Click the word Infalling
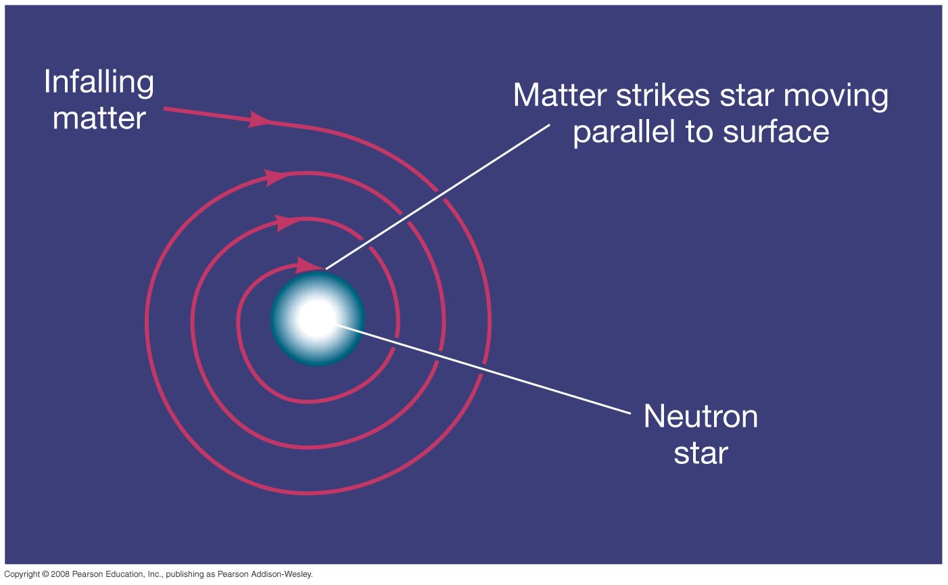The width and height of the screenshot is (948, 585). [x=99, y=83]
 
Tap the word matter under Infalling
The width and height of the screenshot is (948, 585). [x=99, y=118]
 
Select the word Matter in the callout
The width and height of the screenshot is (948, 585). [x=560, y=95]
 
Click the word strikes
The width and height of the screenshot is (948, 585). [x=663, y=95]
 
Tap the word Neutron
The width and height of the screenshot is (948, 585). [x=701, y=417]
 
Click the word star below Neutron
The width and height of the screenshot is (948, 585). [x=701, y=453]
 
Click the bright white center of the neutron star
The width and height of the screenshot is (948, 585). [x=316, y=319]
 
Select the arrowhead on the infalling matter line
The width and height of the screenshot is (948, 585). [x=258, y=119]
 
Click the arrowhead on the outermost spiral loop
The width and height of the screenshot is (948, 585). [x=275, y=177]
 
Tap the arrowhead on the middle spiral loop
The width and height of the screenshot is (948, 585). [x=285, y=223]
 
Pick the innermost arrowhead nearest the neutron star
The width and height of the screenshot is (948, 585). [x=307, y=265]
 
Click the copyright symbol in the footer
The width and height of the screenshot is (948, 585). [x=46, y=574]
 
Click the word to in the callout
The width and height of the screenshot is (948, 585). [x=699, y=132]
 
